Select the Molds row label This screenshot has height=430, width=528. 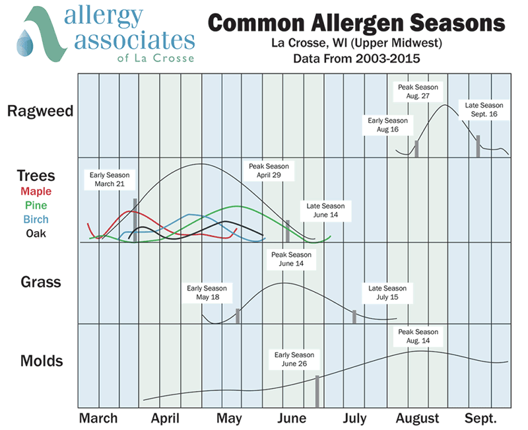41,361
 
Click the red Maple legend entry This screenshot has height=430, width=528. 36,192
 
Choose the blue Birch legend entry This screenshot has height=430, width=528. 36,219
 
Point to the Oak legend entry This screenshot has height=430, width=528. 36,233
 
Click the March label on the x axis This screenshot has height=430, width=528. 98,418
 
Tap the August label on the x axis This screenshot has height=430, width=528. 417,418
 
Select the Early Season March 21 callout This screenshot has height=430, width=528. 110,179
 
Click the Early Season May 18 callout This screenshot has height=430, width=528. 207,293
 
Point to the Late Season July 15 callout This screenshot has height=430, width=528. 387,293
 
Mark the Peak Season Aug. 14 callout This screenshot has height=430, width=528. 416,336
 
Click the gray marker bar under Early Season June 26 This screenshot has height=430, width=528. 317,389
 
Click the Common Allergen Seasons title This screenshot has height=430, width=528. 356,24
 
